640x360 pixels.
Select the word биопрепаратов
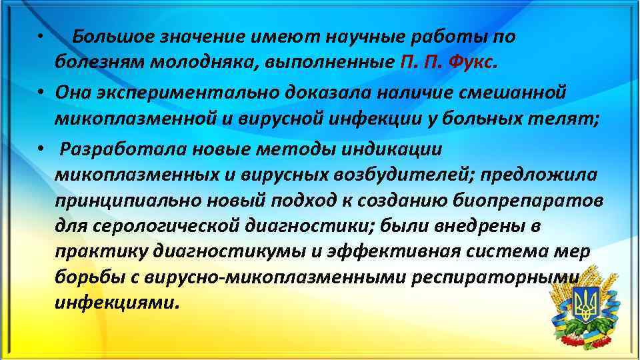537,201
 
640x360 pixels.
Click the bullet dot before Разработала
41,149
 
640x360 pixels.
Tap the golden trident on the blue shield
587,306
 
